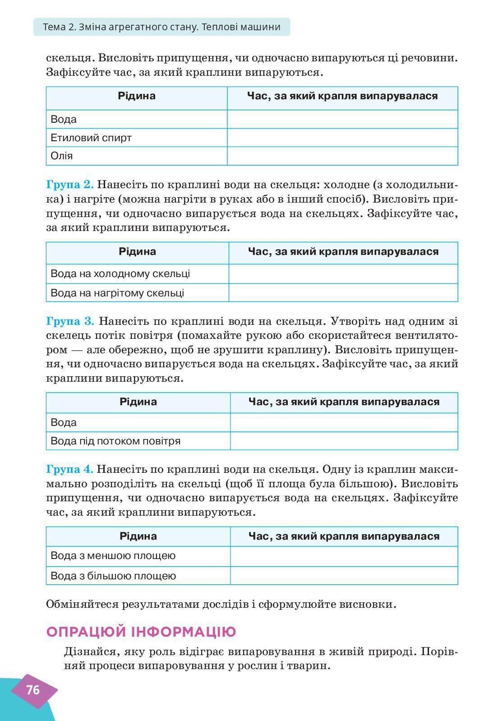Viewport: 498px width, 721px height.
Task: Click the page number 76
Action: point(33,690)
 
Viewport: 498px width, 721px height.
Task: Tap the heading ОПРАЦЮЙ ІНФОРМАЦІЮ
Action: point(141,632)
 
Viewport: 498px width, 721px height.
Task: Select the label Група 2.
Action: point(69,185)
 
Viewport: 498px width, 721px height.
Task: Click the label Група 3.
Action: point(70,321)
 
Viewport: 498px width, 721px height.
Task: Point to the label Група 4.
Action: point(69,469)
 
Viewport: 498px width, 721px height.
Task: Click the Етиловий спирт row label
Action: point(91,138)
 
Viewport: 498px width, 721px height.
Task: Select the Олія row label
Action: point(62,156)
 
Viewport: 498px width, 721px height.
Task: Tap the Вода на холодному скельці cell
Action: point(120,273)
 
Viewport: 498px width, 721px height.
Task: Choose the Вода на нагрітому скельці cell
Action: point(117,293)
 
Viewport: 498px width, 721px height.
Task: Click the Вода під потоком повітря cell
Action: point(115,441)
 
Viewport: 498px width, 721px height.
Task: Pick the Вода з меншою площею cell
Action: point(113,555)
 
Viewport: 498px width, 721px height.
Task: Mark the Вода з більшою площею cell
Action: point(113,576)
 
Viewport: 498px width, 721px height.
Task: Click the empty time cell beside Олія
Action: point(342,156)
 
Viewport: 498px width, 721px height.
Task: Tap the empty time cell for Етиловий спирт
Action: point(342,138)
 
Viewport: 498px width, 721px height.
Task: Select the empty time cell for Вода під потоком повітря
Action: point(344,441)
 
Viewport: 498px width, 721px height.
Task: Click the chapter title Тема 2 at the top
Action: point(161,27)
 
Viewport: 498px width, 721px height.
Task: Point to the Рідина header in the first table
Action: point(137,96)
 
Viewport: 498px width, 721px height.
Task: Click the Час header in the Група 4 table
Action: point(344,536)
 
